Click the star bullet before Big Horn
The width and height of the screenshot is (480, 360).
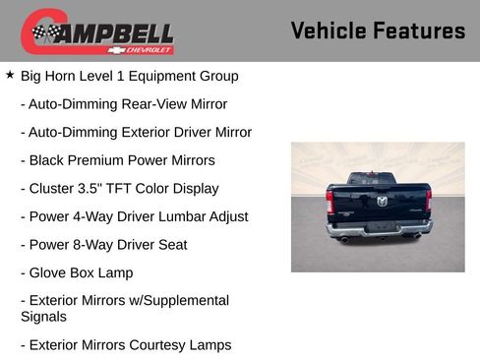pos(10,75)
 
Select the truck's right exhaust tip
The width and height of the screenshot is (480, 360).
pos(417,236)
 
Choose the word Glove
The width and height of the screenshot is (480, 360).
pos(48,272)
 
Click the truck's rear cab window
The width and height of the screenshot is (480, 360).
pos(378,180)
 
